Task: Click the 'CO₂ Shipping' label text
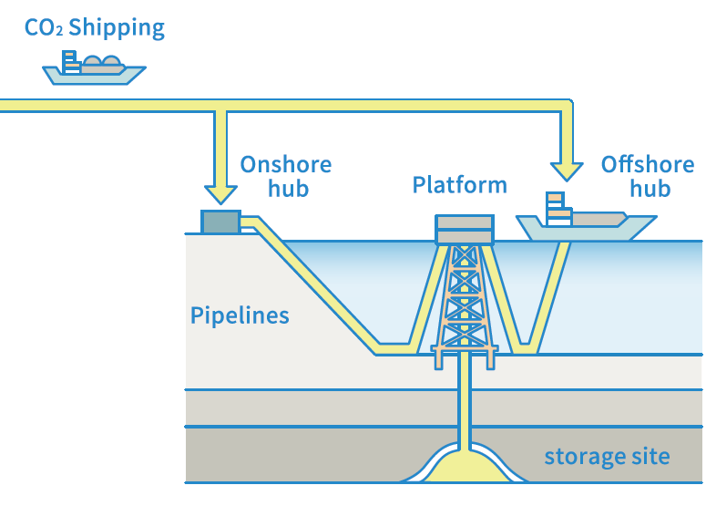[x=95, y=27]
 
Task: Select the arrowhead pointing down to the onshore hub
[x=220, y=192]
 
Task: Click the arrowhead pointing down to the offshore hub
[x=567, y=169]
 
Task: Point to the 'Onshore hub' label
[x=285, y=177]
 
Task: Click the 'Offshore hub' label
[x=648, y=177]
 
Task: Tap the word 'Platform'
[x=459, y=185]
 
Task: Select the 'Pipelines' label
[x=240, y=316]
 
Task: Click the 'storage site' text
[x=607, y=456]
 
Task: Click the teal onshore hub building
[x=220, y=222]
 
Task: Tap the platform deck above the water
[x=464, y=229]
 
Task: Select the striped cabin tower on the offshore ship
[x=558, y=209]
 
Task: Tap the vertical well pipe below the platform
[x=464, y=401]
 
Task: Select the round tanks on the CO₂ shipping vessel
[x=101, y=63]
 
